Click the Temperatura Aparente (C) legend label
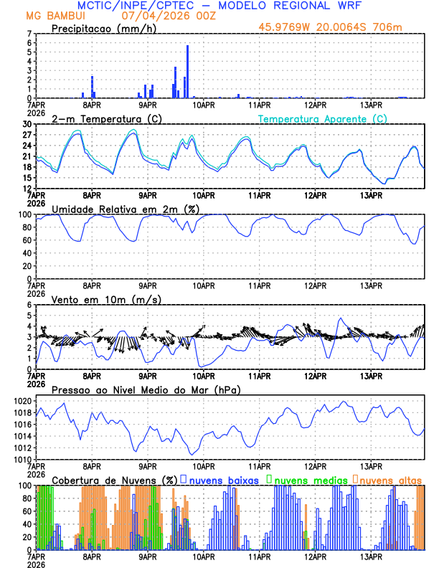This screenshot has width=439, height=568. [323, 118]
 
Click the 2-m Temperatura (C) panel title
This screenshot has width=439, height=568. [105, 118]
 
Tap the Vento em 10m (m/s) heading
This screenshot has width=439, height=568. [106, 299]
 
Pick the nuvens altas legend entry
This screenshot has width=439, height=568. [388, 480]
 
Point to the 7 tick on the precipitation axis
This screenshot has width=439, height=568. [29, 34]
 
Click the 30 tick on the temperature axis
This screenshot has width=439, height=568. [27, 124]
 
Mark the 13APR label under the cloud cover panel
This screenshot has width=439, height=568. [370, 556]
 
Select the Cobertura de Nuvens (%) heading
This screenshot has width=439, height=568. [114, 480]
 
